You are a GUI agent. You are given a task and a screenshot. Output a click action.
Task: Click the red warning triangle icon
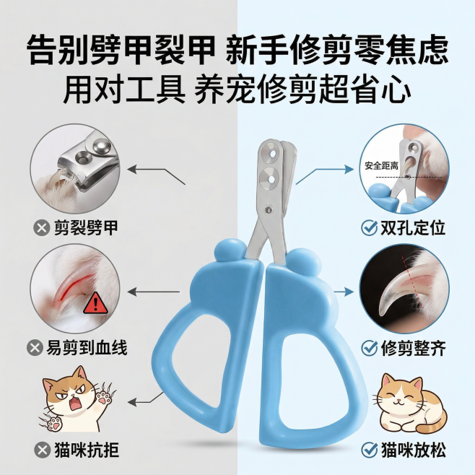(x=94, y=303)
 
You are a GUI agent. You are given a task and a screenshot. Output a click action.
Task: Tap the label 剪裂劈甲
(x=87, y=229)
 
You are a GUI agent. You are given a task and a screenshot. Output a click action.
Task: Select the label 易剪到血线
(x=90, y=348)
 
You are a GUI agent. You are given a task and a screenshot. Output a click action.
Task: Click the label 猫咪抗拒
(x=87, y=452)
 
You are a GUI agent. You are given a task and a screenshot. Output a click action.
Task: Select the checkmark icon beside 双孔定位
(x=369, y=229)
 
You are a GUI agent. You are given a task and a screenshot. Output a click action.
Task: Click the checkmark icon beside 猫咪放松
(x=369, y=452)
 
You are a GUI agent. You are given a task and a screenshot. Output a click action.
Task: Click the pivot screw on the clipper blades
(x=268, y=211)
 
